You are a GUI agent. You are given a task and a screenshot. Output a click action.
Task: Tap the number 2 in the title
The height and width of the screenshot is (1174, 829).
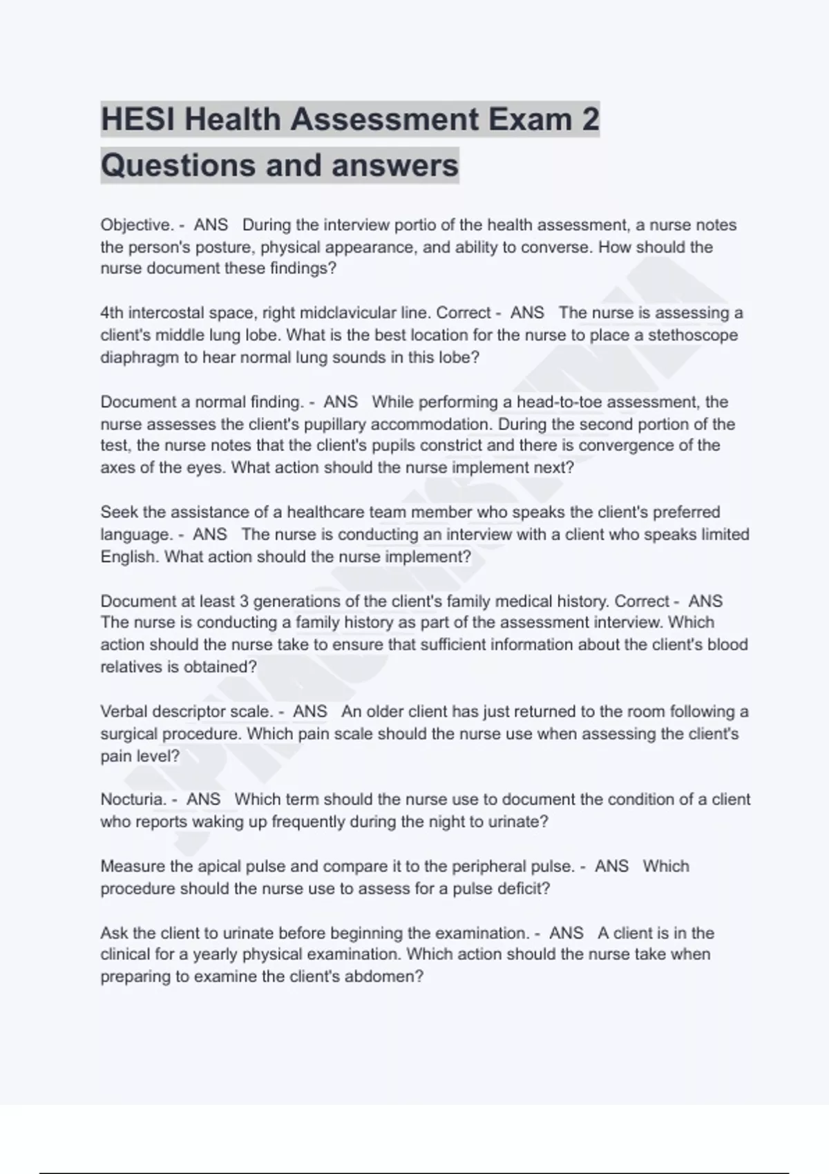[x=589, y=119]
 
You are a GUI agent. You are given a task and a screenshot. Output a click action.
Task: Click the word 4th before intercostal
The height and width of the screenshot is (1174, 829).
[x=111, y=313]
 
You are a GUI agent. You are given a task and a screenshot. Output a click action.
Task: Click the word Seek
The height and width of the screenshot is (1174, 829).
[x=117, y=512]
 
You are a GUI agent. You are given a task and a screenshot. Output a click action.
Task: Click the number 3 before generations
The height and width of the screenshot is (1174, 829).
[x=243, y=601]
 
